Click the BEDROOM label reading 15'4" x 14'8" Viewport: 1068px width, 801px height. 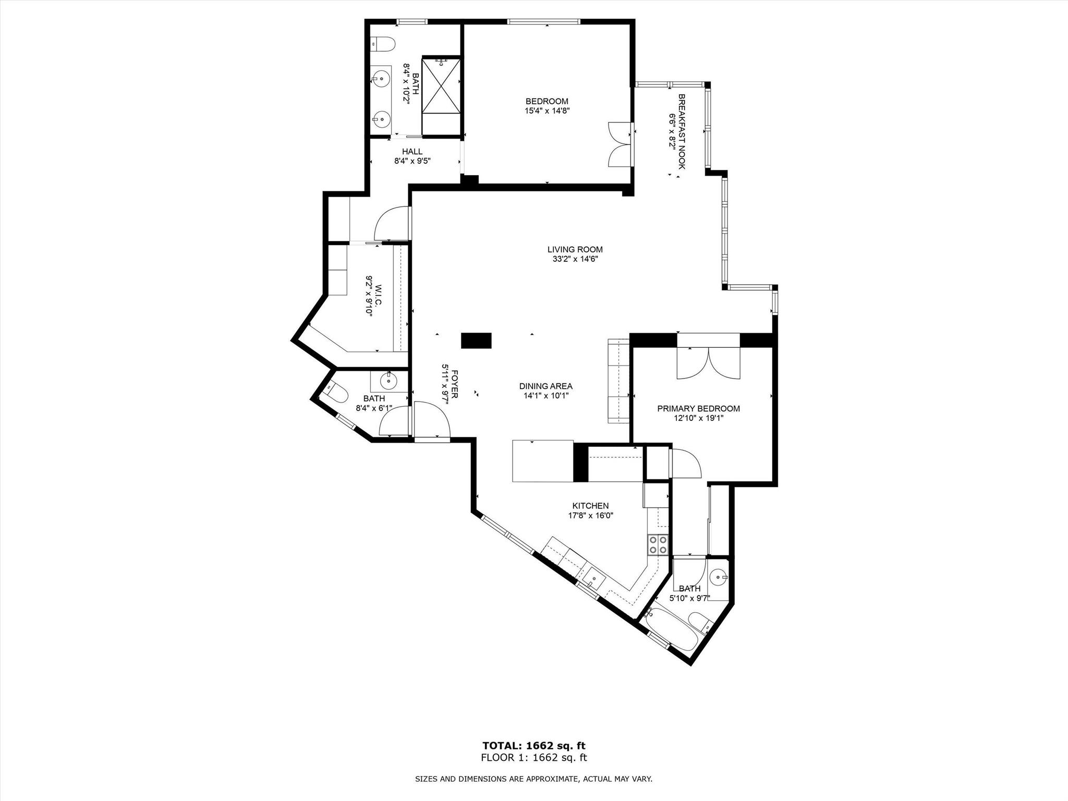547,106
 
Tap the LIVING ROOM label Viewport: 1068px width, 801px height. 575,254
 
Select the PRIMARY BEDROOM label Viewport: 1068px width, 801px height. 698,413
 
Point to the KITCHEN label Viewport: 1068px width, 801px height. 590,511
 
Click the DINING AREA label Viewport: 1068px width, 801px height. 545,391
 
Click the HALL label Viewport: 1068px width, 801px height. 412,156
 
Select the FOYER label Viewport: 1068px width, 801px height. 450,384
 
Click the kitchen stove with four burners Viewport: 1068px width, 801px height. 658,544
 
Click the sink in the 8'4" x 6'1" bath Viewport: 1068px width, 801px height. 389,381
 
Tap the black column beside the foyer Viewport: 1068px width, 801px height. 476,340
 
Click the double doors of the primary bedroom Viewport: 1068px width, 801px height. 708,363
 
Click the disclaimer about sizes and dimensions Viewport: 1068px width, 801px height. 533,779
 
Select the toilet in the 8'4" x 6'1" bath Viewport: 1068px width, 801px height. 337,393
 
